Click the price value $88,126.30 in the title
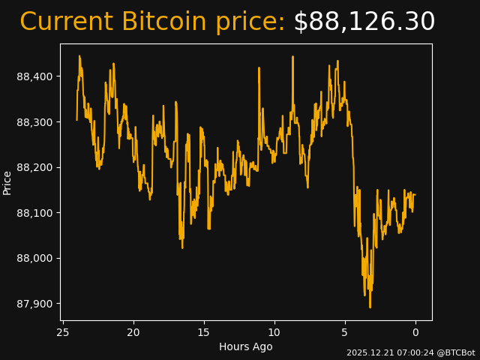pyautogui.click(x=364, y=22)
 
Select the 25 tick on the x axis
pyautogui.click(x=63, y=332)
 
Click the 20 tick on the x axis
pyautogui.click(x=133, y=332)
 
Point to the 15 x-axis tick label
pyautogui.click(x=204, y=332)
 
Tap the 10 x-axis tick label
pyautogui.click(x=274, y=332)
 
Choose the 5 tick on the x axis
pyautogui.click(x=345, y=332)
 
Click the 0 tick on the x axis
pyautogui.click(x=415, y=332)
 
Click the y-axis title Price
pyautogui.click(x=7, y=182)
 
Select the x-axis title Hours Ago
pyautogui.click(x=246, y=346)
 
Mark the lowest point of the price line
pyautogui.click(x=370, y=307)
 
